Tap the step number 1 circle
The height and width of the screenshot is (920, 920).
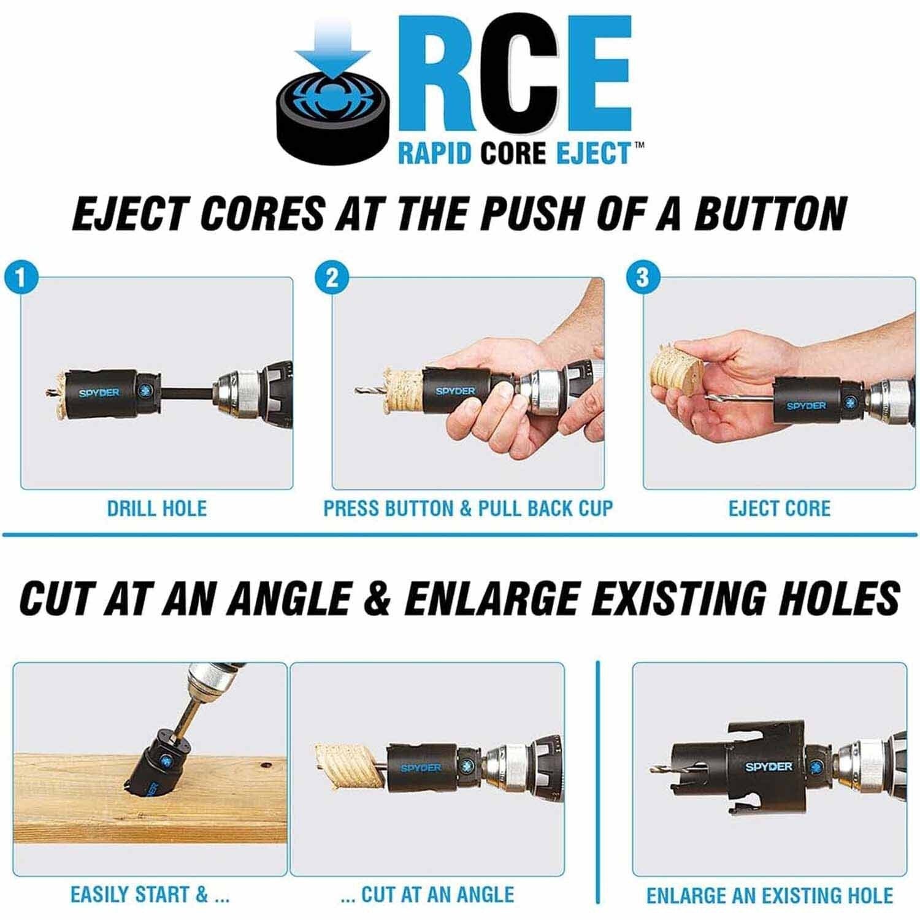click(20, 278)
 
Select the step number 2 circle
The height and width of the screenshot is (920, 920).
click(332, 278)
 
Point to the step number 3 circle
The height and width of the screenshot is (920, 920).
click(642, 278)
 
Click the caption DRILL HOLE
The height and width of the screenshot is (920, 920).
click(157, 508)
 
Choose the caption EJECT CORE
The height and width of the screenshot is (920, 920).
click(780, 508)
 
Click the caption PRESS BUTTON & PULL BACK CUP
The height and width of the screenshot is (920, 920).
click(468, 508)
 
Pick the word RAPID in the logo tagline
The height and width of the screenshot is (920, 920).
click(435, 153)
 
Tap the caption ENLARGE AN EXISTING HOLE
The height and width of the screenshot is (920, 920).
click(770, 895)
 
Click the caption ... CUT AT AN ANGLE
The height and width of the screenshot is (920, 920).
click(427, 895)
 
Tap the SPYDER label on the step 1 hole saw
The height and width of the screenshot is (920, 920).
click(99, 393)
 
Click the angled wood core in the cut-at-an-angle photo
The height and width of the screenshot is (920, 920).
click(351, 767)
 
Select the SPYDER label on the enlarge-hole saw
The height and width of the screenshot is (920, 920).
click(769, 767)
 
